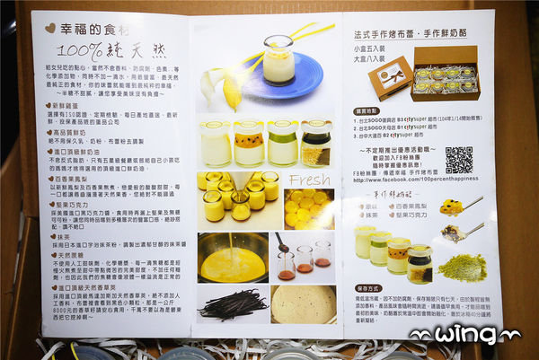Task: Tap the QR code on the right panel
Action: tap(458, 159)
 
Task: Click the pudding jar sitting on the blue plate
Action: tap(278, 59)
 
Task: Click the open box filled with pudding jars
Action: tap(444, 76)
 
